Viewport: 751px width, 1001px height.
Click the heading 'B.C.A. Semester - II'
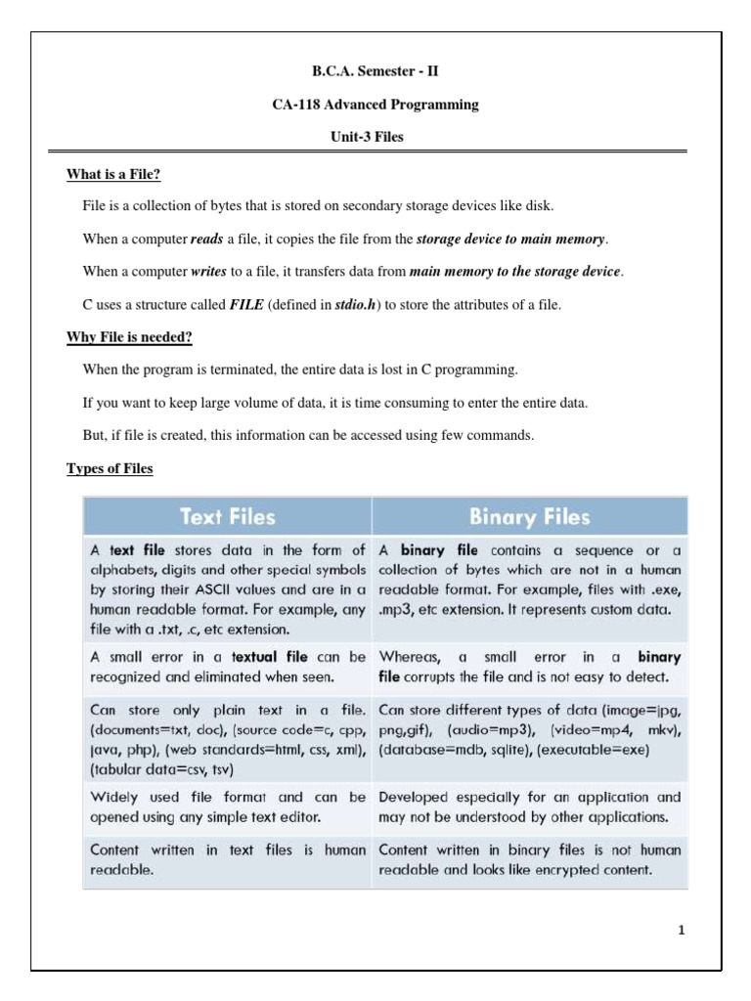click(x=375, y=71)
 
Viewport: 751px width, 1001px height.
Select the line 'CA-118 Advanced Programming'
click(x=375, y=105)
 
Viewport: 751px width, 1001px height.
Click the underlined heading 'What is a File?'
click(x=113, y=175)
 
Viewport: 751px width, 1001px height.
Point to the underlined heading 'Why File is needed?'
click(x=129, y=337)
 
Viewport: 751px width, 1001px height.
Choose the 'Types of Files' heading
click(x=110, y=469)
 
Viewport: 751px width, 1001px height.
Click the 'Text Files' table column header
click(x=227, y=515)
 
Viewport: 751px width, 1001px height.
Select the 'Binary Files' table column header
click(x=530, y=515)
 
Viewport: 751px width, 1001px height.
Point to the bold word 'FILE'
click(x=246, y=305)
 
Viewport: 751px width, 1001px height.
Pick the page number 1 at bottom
click(x=682, y=931)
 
